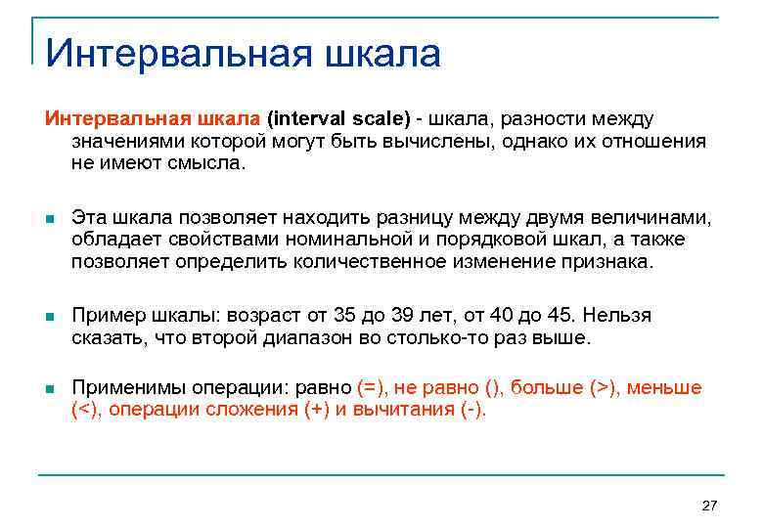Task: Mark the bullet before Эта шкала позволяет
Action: point(50,217)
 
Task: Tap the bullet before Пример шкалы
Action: point(50,317)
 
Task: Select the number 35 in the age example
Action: point(342,316)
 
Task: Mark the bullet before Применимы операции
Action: point(50,389)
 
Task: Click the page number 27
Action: point(710,506)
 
